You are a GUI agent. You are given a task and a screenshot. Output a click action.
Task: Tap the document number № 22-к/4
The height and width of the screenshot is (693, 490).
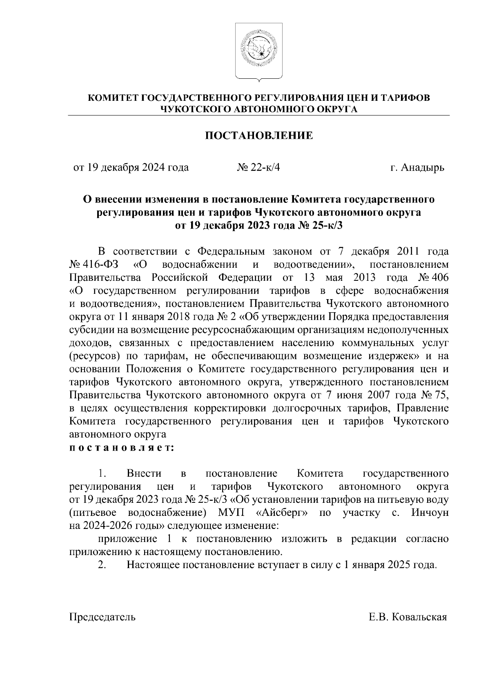coord(258,167)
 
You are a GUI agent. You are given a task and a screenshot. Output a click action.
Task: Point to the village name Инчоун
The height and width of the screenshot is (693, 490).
coord(430,513)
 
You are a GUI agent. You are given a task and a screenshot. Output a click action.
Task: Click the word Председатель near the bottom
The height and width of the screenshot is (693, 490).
coord(102,617)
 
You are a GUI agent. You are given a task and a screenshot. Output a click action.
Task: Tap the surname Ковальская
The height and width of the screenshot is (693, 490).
coord(419,617)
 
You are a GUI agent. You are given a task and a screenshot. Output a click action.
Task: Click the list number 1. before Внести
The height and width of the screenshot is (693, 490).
coord(102,474)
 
